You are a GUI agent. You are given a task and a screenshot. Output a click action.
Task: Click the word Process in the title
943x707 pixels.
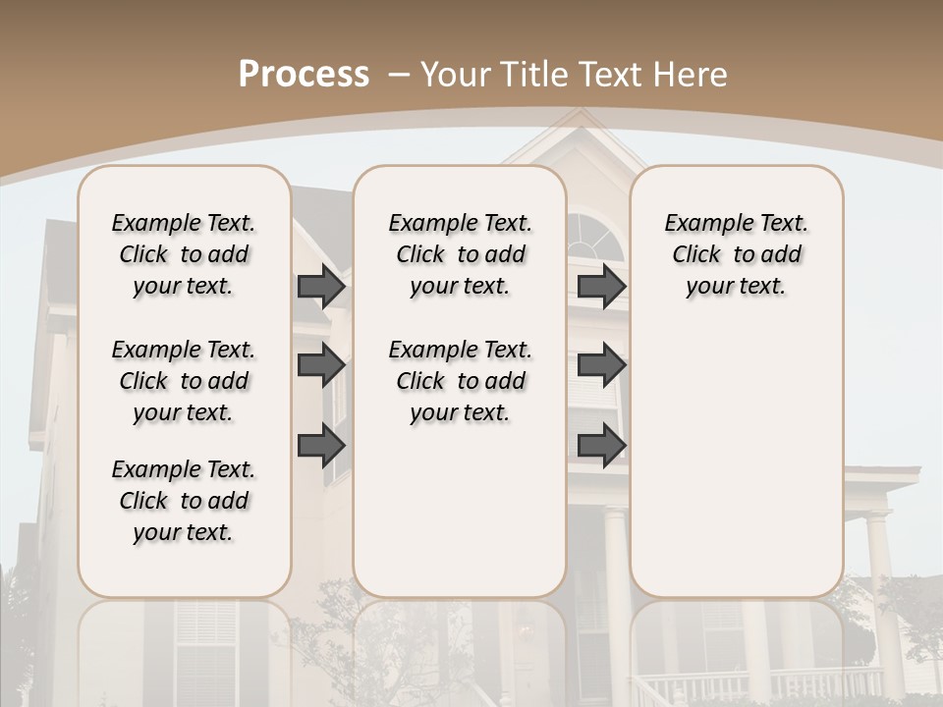click(304, 75)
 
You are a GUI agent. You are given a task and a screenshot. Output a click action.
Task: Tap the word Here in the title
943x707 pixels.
click(692, 75)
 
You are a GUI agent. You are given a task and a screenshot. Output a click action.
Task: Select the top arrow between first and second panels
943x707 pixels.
click(321, 286)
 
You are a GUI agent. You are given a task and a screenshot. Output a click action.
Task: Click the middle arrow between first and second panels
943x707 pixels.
click(321, 365)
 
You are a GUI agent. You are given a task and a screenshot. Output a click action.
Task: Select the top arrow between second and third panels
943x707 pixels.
click(601, 286)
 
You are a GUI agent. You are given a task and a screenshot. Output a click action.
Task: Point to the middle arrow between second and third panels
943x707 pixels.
click(601, 365)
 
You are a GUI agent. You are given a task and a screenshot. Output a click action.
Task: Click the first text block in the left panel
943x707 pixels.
click(184, 254)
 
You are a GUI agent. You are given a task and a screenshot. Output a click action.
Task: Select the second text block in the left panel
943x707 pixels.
click(184, 381)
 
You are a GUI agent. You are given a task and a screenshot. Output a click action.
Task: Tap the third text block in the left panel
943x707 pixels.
click(184, 501)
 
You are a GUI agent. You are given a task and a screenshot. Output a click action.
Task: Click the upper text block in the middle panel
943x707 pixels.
click(460, 254)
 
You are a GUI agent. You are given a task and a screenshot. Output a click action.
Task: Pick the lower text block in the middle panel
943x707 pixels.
click(460, 381)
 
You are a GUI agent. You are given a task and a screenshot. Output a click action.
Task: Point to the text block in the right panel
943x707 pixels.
click(736, 254)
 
